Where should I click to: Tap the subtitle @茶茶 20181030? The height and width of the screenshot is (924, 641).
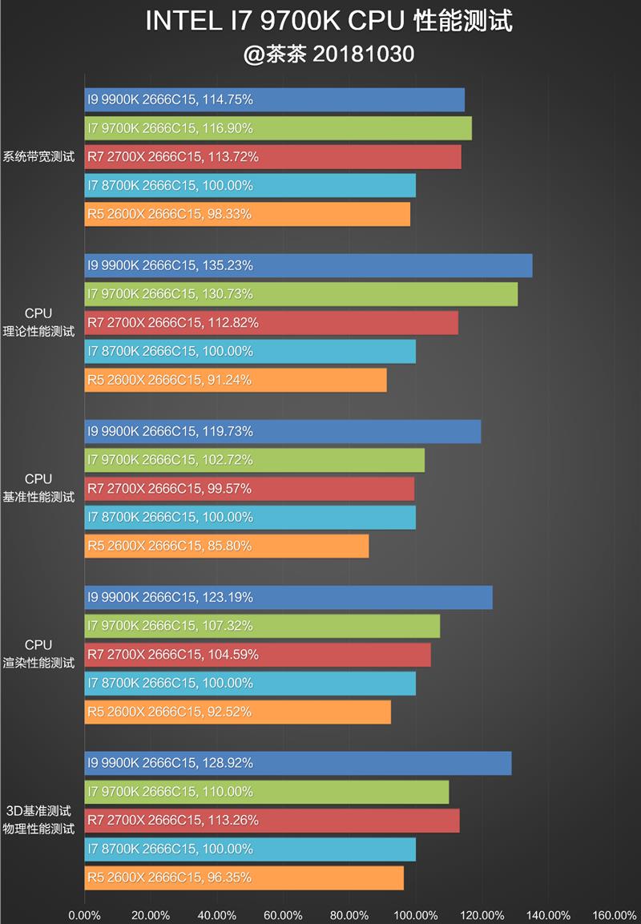coord(329,54)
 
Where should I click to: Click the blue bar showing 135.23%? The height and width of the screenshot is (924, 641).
coord(308,265)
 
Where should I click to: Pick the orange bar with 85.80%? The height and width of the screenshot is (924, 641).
coord(227,546)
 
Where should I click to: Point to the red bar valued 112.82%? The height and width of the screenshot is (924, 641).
coord(272,322)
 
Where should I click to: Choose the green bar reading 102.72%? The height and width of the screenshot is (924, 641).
coord(255,460)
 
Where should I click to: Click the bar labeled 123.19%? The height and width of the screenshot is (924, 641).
coord(288,597)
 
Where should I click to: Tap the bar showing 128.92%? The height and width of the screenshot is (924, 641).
coord(298,763)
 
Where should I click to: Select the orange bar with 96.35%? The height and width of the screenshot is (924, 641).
coord(244,878)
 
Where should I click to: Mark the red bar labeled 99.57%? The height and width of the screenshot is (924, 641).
coord(249,489)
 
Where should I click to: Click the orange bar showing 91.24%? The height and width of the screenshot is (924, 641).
coord(236,380)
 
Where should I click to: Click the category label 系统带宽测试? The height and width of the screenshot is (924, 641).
coord(38,157)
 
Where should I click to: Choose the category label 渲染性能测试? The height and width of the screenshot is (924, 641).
coord(38,663)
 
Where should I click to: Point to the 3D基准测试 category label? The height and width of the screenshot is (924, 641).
coord(38,811)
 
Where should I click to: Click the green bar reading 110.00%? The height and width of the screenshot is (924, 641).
coord(267,792)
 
